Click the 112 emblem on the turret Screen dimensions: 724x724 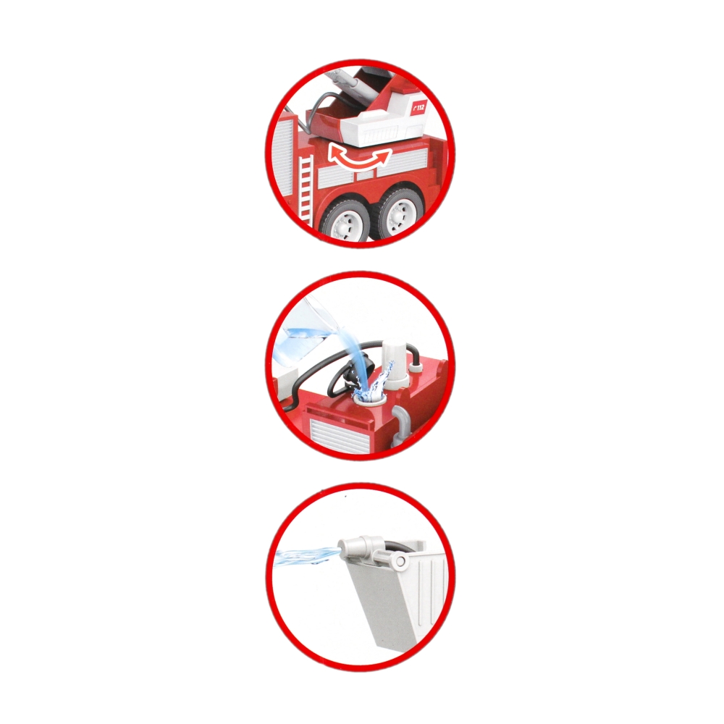[x=418, y=109]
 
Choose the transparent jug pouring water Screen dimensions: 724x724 [x=305, y=337]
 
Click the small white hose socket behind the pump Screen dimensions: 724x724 [x=417, y=366]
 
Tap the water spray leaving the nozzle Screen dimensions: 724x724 [x=307, y=556]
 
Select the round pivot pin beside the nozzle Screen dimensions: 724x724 [x=400, y=561]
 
